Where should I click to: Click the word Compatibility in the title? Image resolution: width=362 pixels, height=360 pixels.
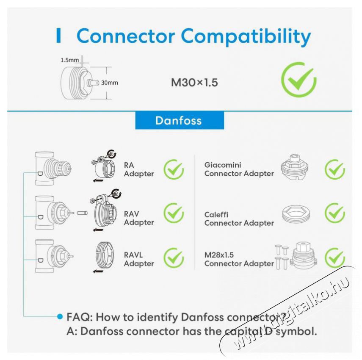[x=246, y=37]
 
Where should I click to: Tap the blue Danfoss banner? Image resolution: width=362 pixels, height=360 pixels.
[x=180, y=121]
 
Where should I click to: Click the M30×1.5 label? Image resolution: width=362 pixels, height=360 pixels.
[x=194, y=83]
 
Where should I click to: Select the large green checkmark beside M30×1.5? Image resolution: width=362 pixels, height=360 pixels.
[x=299, y=79]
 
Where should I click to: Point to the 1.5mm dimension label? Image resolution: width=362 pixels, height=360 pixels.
[x=69, y=60]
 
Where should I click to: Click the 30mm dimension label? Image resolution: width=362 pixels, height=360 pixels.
[x=109, y=83]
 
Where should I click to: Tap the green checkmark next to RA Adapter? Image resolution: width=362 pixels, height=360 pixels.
[x=174, y=170]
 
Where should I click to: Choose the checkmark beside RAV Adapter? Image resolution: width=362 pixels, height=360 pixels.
[x=174, y=213]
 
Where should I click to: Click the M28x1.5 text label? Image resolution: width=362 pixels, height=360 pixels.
[x=219, y=255]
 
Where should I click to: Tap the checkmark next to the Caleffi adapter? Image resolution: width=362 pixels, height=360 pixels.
[x=335, y=213]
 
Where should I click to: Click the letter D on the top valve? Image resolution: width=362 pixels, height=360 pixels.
[x=40, y=173]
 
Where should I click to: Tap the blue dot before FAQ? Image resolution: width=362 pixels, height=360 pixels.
[x=60, y=316]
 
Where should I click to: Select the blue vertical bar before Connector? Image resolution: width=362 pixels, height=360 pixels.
[x=59, y=35]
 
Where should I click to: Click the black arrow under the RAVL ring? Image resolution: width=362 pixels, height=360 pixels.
[x=98, y=271]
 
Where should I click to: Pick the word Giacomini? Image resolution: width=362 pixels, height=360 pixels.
[x=223, y=165]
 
